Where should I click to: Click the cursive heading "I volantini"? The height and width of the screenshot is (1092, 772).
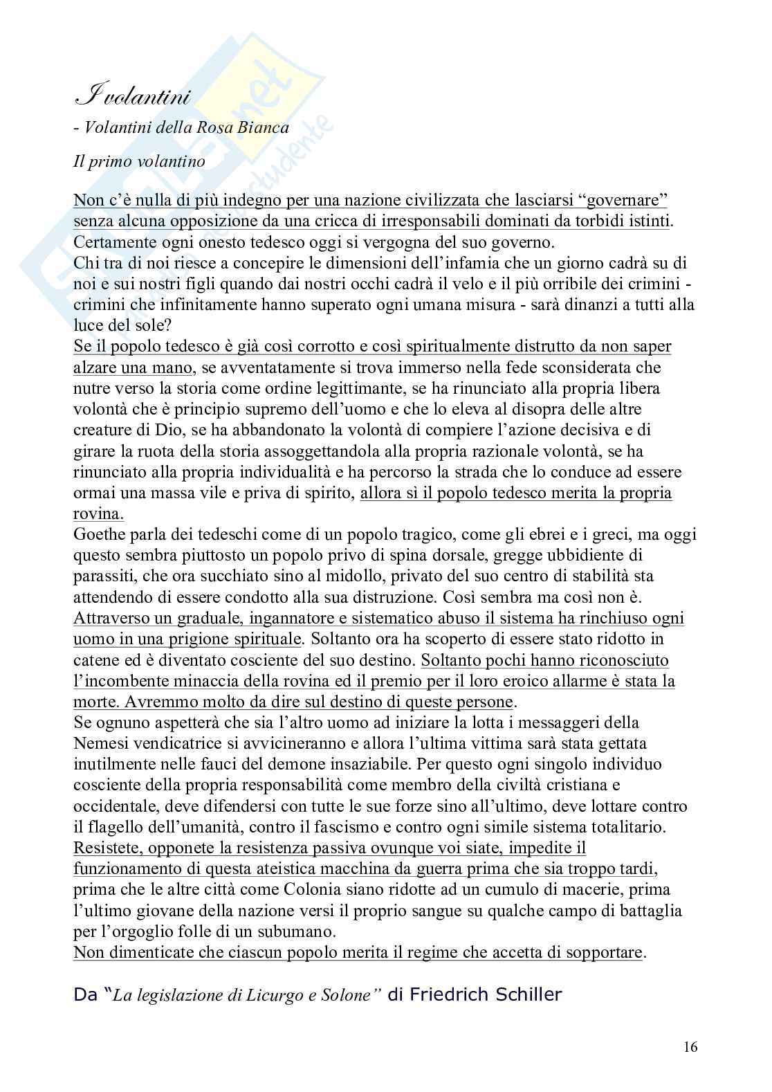(131, 98)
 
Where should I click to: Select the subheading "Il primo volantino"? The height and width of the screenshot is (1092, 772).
(138, 161)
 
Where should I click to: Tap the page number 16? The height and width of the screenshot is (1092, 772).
(690, 1047)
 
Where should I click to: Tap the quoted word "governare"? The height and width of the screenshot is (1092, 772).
(627, 201)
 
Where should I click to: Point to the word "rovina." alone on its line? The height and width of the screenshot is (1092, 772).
(99, 513)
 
